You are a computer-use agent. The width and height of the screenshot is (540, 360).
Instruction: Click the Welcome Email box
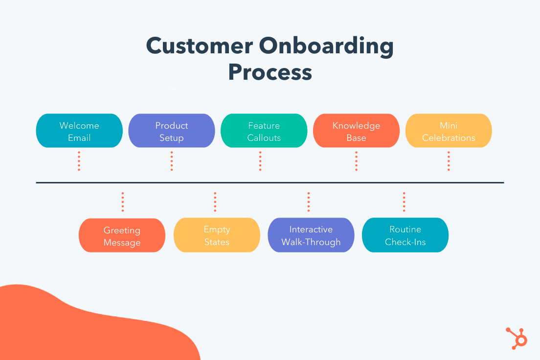pyautogui.click(x=79, y=131)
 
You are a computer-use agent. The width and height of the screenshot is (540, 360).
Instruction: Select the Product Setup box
pyautogui.click(x=171, y=131)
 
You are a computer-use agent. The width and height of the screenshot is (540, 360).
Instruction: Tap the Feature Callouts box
pyautogui.click(x=264, y=131)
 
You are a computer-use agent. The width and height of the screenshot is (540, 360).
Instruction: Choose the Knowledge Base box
pyautogui.click(x=356, y=131)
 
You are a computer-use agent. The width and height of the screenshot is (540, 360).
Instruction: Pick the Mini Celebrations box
pyautogui.click(x=449, y=131)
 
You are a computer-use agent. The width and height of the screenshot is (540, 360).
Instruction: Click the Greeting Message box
pyautogui.click(x=122, y=235)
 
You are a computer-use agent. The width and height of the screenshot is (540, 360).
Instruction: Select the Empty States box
pyautogui.click(x=217, y=235)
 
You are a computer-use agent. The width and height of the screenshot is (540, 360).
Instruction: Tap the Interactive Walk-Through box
pyautogui.click(x=311, y=235)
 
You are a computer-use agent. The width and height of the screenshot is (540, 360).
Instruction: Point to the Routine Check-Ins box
pyautogui.click(x=405, y=235)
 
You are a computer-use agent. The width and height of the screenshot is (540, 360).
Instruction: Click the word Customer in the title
pyautogui.click(x=199, y=46)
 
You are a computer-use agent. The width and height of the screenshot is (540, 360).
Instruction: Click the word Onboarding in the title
pyautogui.click(x=326, y=46)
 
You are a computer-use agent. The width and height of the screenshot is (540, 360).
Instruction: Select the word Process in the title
pyautogui.click(x=270, y=72)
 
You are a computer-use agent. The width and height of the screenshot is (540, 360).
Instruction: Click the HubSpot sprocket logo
pyautogui.click(x=517, y=337)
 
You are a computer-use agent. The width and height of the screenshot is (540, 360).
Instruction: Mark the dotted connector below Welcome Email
pyautogui.click(x=79, y=161)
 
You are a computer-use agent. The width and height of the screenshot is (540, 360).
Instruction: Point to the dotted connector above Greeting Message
pyautogui.click(x=123, y=202)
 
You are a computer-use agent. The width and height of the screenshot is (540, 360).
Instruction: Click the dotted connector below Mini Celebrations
pyautogui.click(x=449, y=161)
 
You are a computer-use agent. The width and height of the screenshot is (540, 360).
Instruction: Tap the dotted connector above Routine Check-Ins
pyautogui.click(x=404, y=202)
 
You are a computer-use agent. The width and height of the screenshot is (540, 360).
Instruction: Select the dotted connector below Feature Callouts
pyautogui.click(x=260, y=161)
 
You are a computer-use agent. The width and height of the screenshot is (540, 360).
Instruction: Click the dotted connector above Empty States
pyautogui.click(x=215, y=202)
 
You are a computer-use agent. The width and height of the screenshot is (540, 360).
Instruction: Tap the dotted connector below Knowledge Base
pyautogui.click(x=356, y=161)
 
